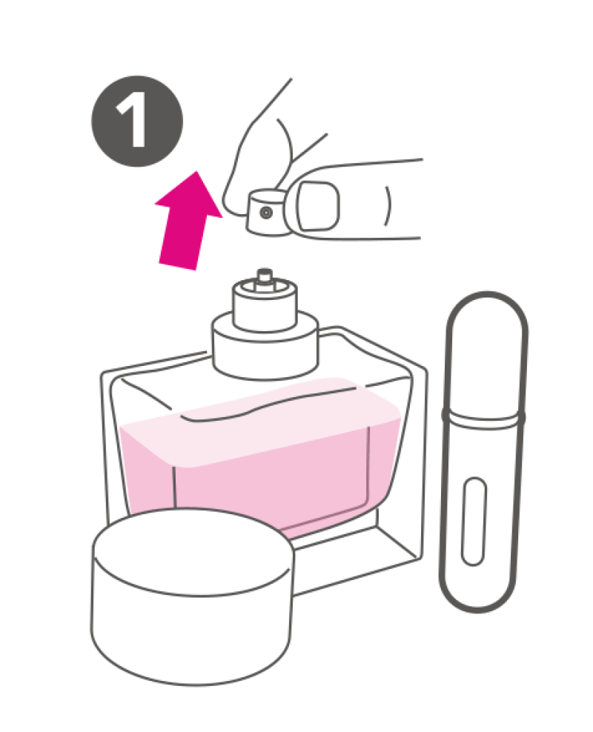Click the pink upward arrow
coord(187,222)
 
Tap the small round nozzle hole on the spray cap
coord(266,213)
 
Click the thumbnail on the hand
coord(319,206)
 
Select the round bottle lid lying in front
coord(192,598)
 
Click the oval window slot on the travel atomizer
coord(474,521)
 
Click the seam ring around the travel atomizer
coord(483,417)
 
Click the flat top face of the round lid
coord(193,552)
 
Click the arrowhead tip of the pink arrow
coord(197,171)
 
